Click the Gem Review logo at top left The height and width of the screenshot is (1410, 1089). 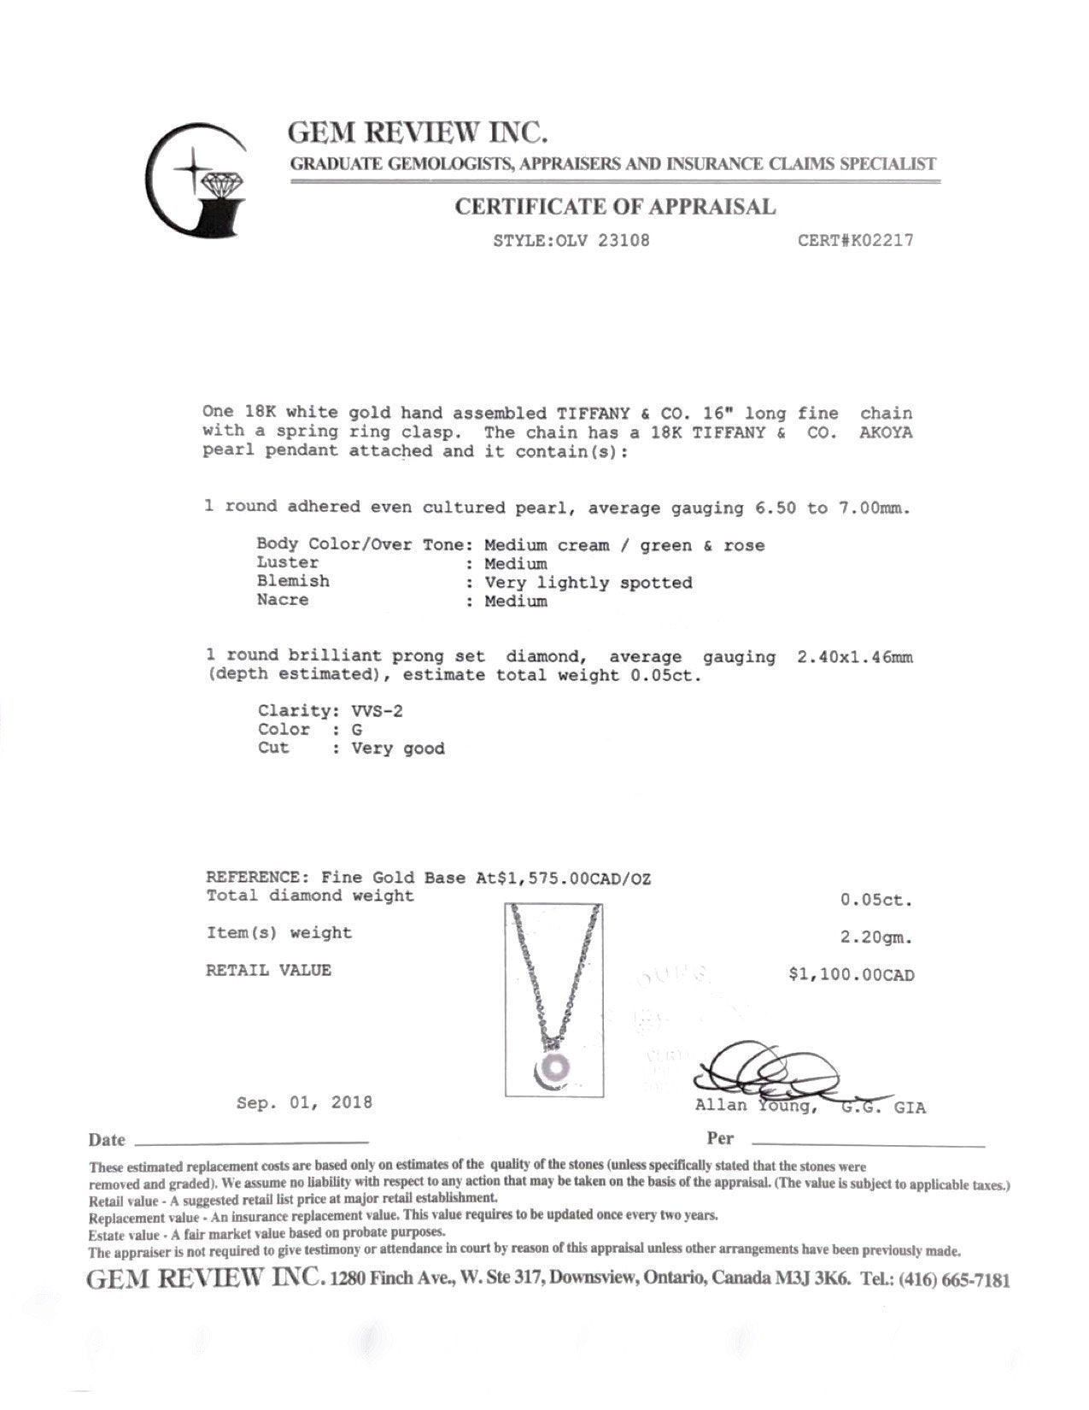tap(197, 179)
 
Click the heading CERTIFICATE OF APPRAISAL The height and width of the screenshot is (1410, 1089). tap(615, 207)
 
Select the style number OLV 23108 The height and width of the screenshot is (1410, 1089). tap(602, 240)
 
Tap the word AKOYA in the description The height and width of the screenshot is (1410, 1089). tap(886, 432)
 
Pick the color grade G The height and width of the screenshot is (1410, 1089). tap(357, 730)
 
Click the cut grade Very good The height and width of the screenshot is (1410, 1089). tap(398, 749)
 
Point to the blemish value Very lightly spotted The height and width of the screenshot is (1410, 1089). tap(588, 583)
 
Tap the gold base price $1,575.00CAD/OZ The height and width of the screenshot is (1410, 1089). tap(563, 878)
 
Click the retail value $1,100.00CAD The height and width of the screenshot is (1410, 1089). tap(851, 975)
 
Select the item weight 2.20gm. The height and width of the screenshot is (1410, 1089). tap(876, 937)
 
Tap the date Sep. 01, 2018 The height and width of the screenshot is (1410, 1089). tap(304, 1102)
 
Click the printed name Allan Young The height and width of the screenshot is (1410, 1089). tap(757, 1107)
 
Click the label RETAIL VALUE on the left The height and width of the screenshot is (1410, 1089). tap(268, 971)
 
